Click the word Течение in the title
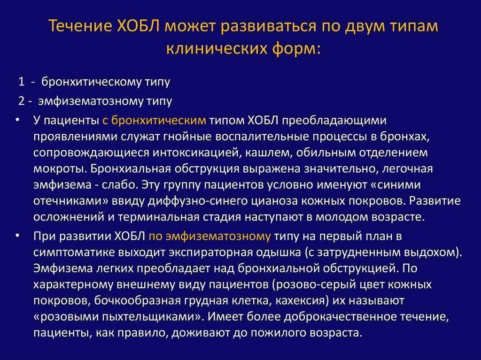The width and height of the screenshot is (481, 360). coord(80,25)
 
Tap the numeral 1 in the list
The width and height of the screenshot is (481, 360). coord(21,82)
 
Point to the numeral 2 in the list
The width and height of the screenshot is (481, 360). coord(21,101)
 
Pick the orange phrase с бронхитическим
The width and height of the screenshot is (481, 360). coord(154,120)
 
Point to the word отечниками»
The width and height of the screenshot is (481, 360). coord(71,201)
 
